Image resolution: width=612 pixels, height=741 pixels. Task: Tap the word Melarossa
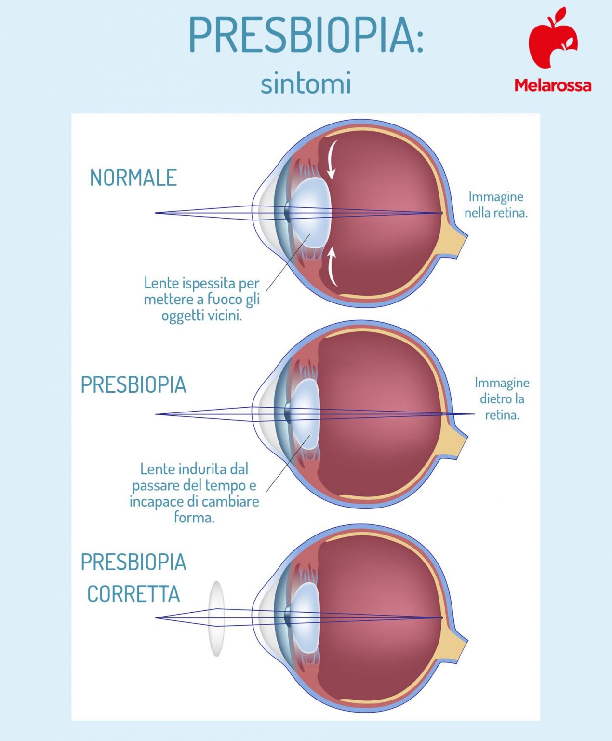[x=553, y=85]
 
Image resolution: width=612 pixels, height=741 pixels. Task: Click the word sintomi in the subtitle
[x=306, y=83]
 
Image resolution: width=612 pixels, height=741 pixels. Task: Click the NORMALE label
[x=133, y=178]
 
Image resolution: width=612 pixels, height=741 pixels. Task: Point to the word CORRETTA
[x=133, y=594]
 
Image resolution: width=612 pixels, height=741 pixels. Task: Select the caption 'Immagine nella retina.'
[x=496, y=205]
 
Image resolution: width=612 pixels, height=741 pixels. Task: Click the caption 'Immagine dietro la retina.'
[x=502, y=398]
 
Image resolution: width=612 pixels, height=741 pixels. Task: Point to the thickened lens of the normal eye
[x=311, y=212]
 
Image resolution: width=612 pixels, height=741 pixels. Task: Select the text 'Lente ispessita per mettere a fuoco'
[x=201, y=291]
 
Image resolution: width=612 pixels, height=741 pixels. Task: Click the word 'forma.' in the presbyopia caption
[x=194, y=518]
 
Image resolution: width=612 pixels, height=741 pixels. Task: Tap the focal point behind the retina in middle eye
[x=473, y=414]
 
